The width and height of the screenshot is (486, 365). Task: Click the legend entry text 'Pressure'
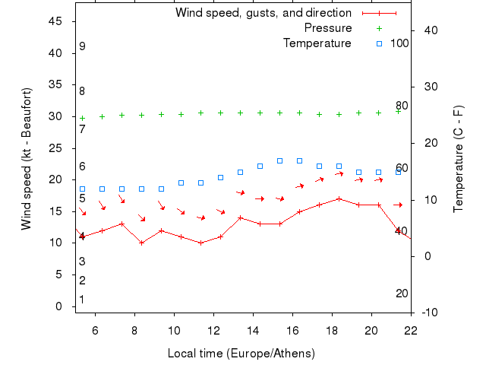tap(327, 28)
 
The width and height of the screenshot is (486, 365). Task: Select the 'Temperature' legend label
tap(317, 43)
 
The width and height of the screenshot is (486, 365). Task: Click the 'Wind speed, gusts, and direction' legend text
tap(263, 13)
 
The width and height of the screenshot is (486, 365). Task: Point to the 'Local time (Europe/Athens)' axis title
tap(241, 354)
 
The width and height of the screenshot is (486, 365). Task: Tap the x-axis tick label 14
tap(253, 331)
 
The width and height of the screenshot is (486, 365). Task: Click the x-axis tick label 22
tap(411, 331)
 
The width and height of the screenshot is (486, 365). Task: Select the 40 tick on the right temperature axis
tap(428, 30)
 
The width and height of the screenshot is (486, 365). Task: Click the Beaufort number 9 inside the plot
tap(82, 46)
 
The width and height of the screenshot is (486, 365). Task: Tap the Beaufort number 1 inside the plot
tap(82, 300)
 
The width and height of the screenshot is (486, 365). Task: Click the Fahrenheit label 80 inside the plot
tap(402, 106)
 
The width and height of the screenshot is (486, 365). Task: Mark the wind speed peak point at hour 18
tap(339, 199)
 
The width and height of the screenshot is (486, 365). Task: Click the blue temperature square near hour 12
tap(220, 177)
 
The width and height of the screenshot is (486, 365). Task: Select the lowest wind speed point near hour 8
tap(141, 243)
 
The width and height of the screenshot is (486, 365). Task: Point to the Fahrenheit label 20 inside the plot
tap(402, 294)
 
